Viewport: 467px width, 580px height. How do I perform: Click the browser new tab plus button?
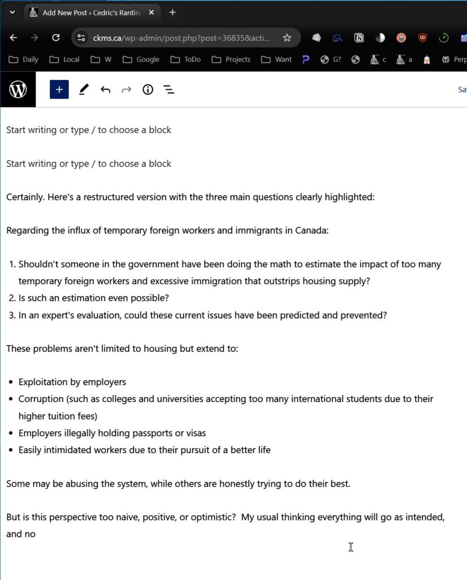point(173,12)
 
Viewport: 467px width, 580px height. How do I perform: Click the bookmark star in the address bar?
point(287,38)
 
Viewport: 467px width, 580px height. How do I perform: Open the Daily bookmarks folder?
point(24,59)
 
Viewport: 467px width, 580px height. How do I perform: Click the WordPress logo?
point(18,89)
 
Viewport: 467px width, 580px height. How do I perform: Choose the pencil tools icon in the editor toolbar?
point(84,89)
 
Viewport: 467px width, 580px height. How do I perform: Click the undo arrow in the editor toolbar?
point(105,89)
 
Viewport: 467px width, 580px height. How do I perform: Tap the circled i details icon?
point(148,89)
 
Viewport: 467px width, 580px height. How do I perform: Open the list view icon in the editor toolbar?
point(169,89)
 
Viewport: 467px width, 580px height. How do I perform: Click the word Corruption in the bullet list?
point(41,399)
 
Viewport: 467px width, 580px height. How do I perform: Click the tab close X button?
point(152,12)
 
